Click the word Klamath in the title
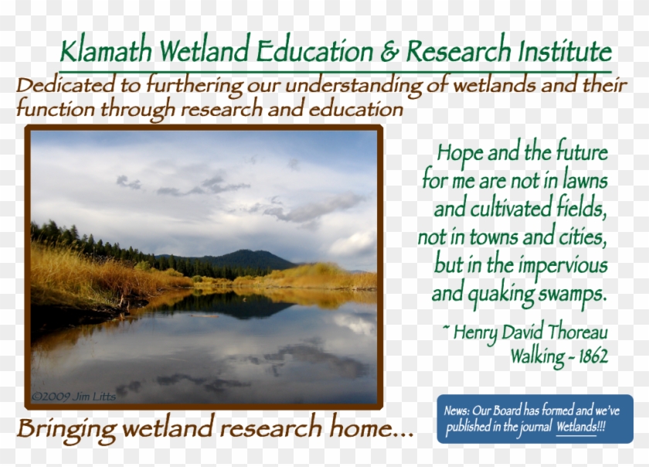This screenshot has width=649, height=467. (107, 52)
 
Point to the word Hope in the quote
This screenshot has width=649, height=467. (463, 152)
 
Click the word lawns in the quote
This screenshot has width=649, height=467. (582, 181)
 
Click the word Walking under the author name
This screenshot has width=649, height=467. (539, 356)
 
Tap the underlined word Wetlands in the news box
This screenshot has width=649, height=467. (576, 427)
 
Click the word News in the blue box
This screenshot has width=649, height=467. (456, 411)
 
